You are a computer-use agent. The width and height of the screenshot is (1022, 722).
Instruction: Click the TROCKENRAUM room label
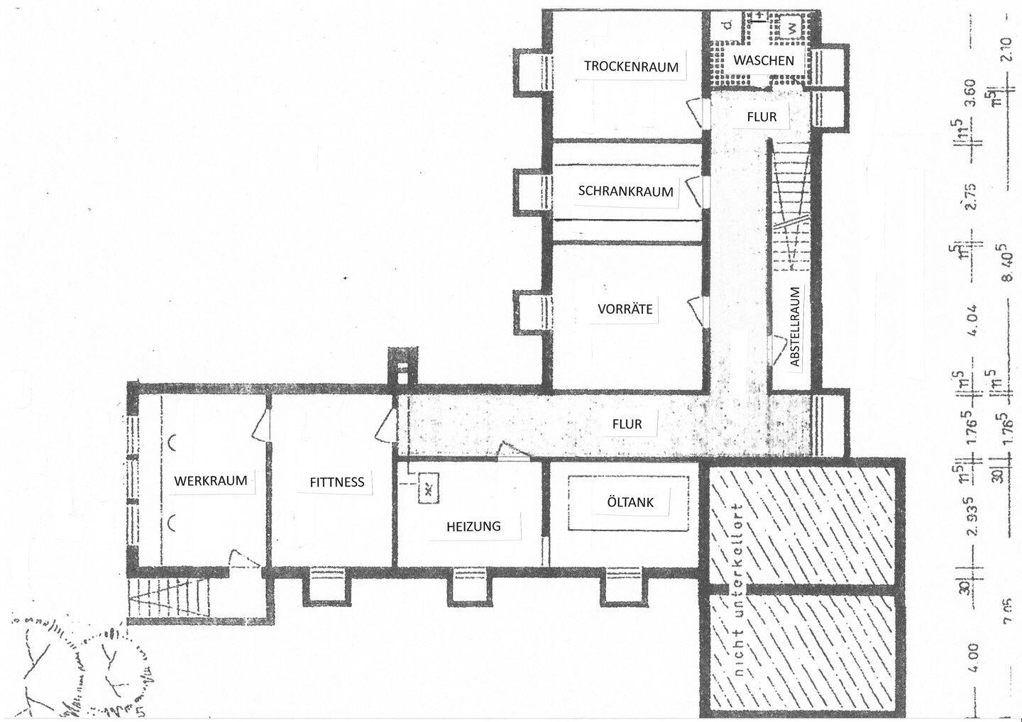(631, 67)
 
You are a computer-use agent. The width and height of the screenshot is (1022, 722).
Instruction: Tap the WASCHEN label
(763, 60)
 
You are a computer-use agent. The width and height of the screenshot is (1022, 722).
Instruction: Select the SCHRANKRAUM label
(625, 191)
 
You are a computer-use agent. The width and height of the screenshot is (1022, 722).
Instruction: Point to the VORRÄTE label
(625, 309)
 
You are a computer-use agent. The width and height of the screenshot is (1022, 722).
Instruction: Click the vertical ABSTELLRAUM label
(795, 327)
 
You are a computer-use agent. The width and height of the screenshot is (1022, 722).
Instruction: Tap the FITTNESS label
(336, 482)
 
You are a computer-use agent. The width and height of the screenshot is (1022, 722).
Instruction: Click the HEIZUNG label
(473, 526)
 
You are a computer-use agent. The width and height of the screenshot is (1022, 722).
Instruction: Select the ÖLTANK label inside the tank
(630, 502)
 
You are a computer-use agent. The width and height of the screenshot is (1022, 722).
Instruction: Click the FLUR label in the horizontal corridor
(627, 424)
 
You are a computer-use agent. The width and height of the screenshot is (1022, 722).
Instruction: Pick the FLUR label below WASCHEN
(762, 117)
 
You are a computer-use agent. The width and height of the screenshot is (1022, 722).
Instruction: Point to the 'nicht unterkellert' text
(739, 592)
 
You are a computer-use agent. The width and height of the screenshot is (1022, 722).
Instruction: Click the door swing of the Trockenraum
(694, 112)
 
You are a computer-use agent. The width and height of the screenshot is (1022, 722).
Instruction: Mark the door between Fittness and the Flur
(387, 424)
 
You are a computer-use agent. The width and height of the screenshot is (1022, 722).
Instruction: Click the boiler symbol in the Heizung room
(429, 487)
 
